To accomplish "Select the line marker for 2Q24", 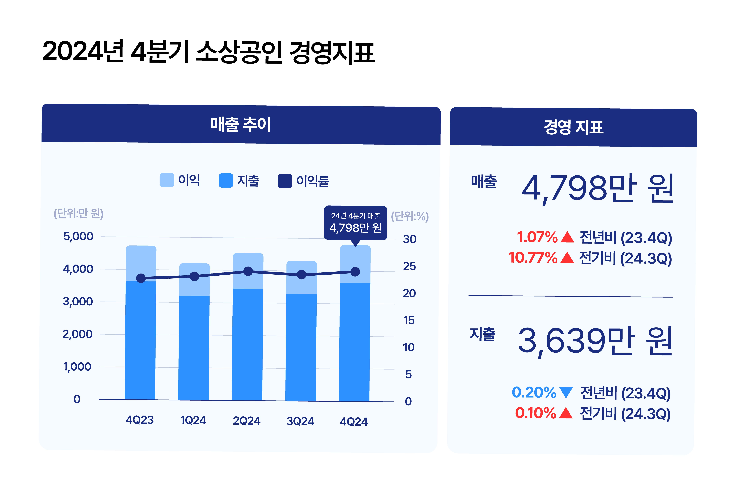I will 248,271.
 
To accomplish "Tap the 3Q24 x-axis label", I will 300,421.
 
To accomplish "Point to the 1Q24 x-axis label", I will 193,420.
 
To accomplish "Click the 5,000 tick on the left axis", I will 78,236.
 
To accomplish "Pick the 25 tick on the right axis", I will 409,266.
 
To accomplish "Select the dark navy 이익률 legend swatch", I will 285,181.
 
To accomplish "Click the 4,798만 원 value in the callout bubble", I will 355,227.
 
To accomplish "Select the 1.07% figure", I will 537,237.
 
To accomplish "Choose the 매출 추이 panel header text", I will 241,124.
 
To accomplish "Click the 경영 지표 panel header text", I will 573,127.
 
